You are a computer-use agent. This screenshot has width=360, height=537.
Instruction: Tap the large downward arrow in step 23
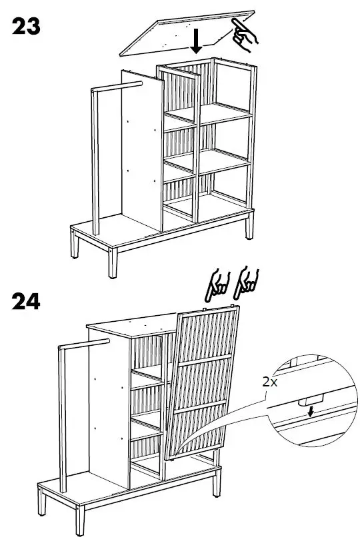pos(197,40)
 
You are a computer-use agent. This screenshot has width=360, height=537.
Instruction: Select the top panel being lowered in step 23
pos(167,33)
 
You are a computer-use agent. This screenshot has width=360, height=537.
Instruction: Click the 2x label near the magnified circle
pos(270,382)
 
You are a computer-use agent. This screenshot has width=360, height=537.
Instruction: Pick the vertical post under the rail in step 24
pos(63,413)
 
